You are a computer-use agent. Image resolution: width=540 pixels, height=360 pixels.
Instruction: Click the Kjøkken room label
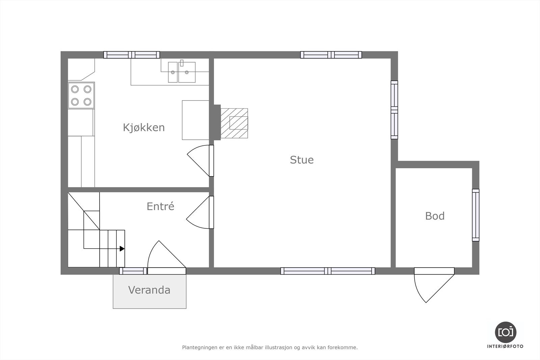[x=144, y=128]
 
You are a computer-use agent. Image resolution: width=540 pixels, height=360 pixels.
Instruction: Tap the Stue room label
[x=302, y=160]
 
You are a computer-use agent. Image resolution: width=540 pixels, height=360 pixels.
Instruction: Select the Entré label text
[x=160, y=206]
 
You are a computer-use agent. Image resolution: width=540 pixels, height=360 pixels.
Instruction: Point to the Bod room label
[x=435, y=216]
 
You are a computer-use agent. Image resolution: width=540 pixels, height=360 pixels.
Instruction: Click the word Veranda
[x=149, y=290]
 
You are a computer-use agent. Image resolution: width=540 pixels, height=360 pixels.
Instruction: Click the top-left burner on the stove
[x=75, y=89]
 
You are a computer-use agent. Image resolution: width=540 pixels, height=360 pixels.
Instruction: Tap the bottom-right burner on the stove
[x=87, y=102]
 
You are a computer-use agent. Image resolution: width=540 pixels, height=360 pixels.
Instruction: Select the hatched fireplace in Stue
[x=234, y=123]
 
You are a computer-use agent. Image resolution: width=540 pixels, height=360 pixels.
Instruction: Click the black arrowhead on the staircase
[x=122, y=249]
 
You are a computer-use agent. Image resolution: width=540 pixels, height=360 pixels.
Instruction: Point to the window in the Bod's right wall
[x=476, y=215]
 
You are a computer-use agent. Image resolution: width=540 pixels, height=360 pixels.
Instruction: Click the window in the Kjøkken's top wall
[x=132, y=55]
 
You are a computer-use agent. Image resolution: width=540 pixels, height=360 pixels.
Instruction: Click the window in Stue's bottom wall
[x=328, y=271]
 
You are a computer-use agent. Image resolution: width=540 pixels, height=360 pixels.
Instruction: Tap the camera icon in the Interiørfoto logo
[x=506, y=332]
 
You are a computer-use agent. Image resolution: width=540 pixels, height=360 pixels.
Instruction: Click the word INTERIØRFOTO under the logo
[x=505, y=346]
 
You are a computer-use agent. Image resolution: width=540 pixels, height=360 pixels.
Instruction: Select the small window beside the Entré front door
[x=133, y=271]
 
